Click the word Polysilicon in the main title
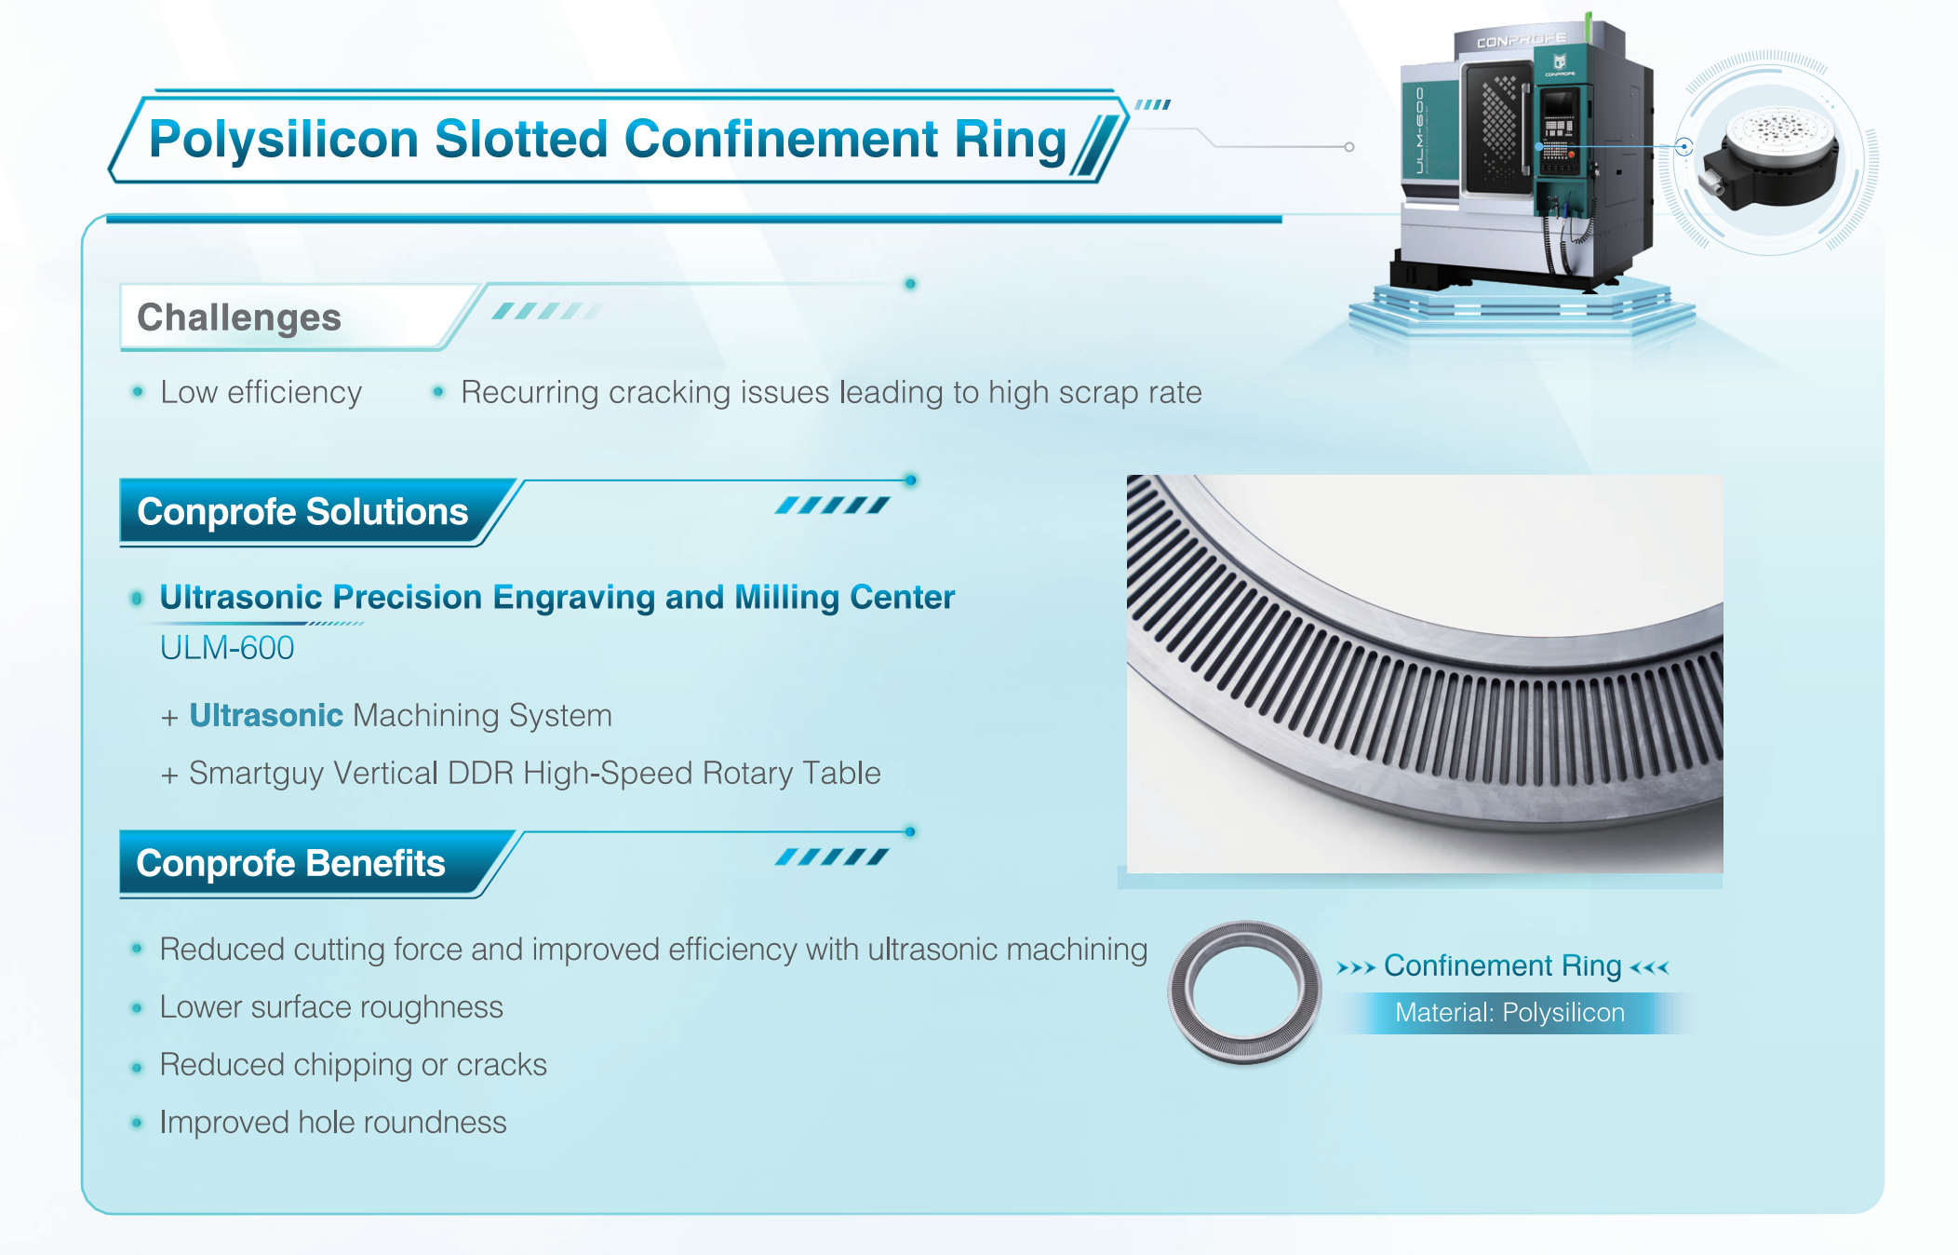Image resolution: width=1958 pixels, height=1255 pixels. [x=284, y=141]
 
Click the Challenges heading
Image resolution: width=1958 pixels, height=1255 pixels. [x=239, y=317]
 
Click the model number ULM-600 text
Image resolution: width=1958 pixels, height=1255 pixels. [x=227, y=648]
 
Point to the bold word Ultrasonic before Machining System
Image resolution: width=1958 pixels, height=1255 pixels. [x=266, y=715]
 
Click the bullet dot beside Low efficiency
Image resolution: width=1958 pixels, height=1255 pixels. [x=138, y=392]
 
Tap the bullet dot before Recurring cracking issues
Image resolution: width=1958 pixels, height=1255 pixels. [x=438, y=392]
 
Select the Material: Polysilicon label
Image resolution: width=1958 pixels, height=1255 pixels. [x=1509, y=1013]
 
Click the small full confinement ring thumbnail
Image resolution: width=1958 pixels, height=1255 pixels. [x=1245, y=992]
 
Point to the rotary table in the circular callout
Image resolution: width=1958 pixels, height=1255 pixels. [x=1769, y=158]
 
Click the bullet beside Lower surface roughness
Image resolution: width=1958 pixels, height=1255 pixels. [x=138, y=1007]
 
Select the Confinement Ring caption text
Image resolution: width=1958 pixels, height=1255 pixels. [x=1503, y=966]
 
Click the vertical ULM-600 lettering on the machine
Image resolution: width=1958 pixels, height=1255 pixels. [x=1420, y=129]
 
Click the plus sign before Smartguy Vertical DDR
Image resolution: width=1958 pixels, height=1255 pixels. [x=169, y=775]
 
